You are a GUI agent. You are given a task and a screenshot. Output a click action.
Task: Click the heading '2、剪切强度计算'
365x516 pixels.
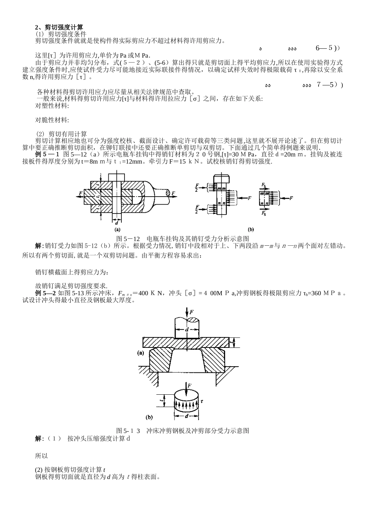click(x=58, y=27)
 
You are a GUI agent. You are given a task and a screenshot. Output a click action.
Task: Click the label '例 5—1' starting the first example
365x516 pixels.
click(x=47, y=154)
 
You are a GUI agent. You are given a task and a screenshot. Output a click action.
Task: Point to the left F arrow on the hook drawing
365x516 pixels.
click(x=80, y=193)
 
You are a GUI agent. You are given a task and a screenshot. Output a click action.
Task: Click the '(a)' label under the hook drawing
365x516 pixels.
click(x=118, y=230)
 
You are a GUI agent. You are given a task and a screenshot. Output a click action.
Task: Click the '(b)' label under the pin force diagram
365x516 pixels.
click(x=251, y=230)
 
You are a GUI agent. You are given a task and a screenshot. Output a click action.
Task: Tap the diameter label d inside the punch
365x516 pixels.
click(x=187, y=330)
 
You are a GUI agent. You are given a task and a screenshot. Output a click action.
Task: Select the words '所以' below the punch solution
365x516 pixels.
click(x=41, y=456)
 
